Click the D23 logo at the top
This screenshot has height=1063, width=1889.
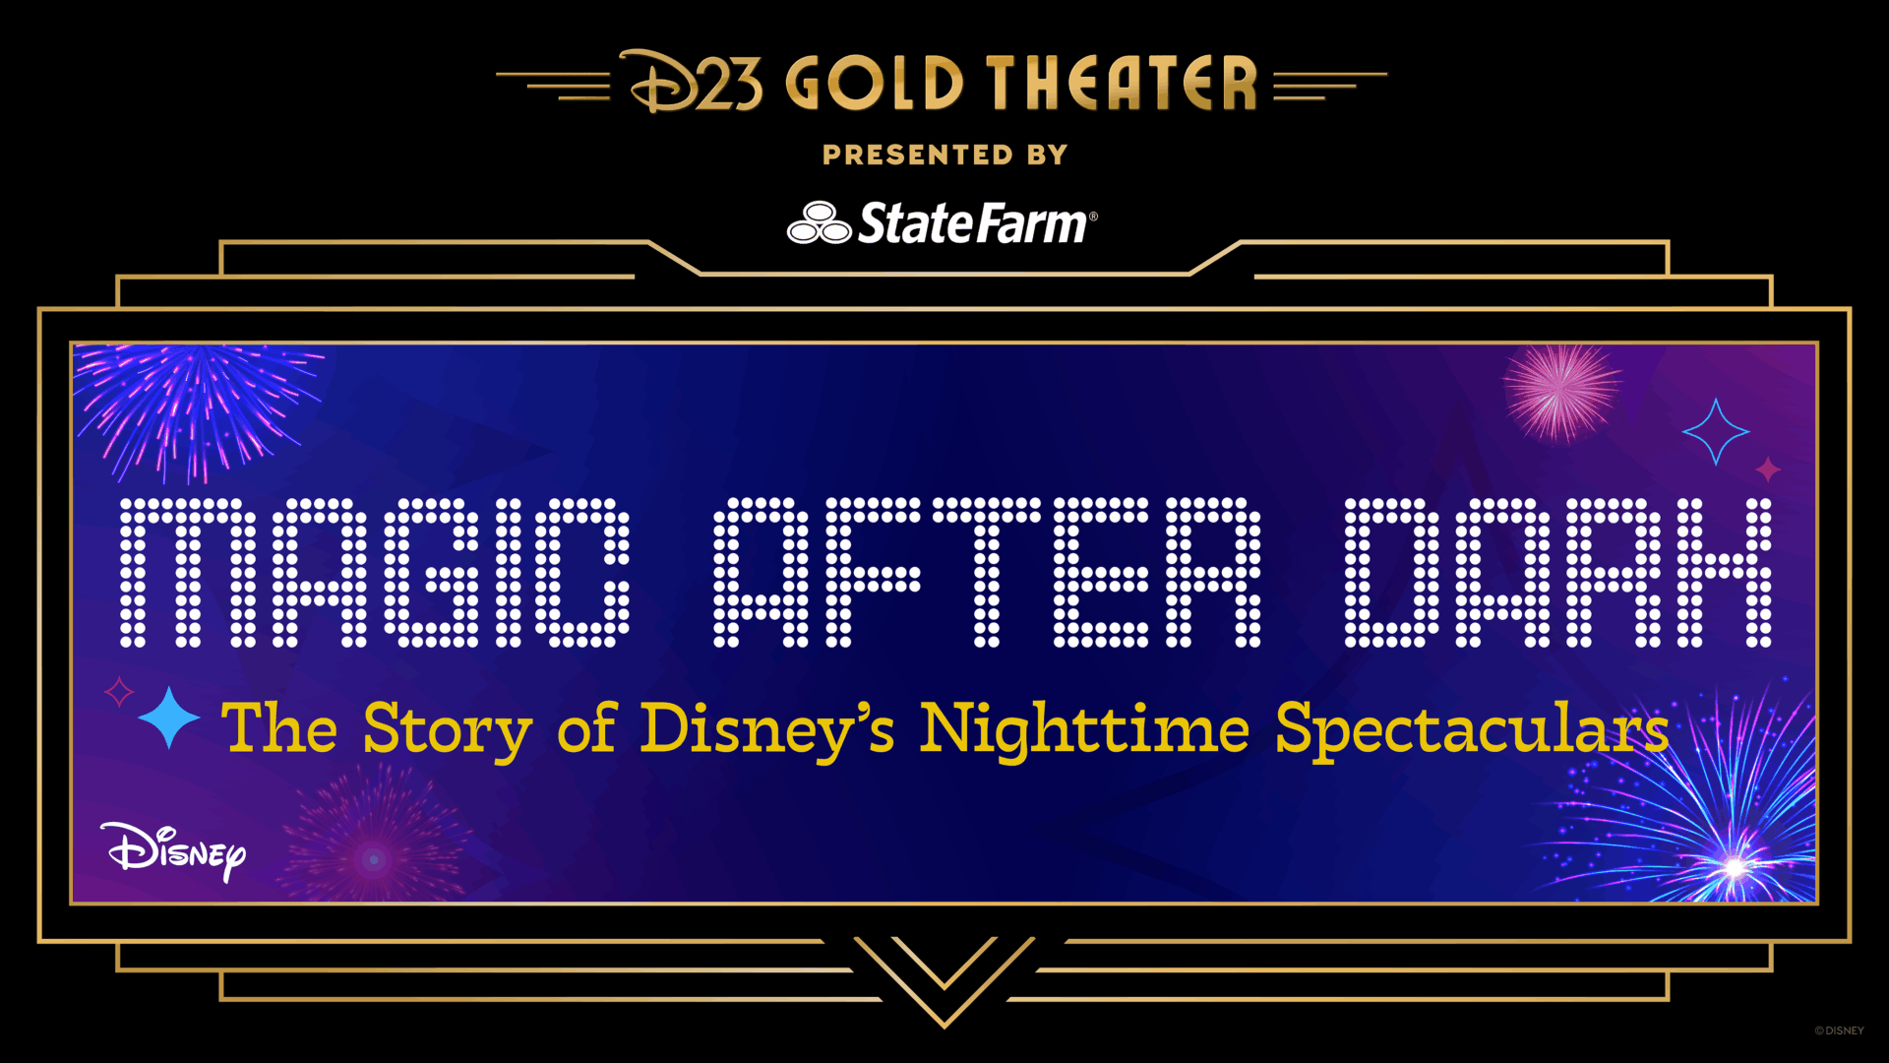click(x=692, y=83)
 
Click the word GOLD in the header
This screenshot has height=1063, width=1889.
click(x=874, y=83)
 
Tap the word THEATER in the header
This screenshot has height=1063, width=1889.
click(x=1122, y=83)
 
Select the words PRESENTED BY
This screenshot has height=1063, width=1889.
click(x=944, y=156)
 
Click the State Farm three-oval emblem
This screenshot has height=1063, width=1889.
click(x=819, y=223)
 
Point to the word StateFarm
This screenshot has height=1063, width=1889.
click(x=974, y=223)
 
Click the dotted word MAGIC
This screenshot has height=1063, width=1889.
click(x=374, y=573)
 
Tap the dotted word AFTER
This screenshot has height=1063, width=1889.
click(x=987, y=573)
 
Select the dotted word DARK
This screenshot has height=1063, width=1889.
click(x=1558, y=573)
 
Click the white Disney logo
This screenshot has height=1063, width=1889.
click(x=173, y=851)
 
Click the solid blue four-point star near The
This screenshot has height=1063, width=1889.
click(x=169, y=718)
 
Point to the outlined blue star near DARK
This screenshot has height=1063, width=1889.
click(x=1716, y=431)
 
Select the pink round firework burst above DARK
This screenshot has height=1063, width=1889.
click(x=1560, y=392)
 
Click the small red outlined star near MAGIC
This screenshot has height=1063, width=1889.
click(x=119, y=692)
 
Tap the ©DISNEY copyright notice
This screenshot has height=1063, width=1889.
click(x=1839, y=1031)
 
